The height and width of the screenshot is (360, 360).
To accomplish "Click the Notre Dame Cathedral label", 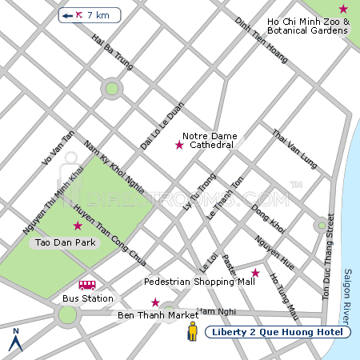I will click(208, 141).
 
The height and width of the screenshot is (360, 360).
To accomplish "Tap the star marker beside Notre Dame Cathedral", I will click(179, 145).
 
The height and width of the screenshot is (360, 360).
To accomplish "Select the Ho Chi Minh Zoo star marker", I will click(343, 9).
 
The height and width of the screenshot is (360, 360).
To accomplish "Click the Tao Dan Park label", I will click(62, 242).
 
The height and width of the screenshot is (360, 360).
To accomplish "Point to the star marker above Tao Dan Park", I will click(78, 226).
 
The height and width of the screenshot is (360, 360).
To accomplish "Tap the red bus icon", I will click(87, 285).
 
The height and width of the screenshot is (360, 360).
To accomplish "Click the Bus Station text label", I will click(88, 298).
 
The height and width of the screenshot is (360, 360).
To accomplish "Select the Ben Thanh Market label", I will click(158, 315).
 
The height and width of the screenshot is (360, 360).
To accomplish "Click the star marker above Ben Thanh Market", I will click(155, 302).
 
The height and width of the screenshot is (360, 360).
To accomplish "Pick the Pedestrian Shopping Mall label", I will click(199, 282).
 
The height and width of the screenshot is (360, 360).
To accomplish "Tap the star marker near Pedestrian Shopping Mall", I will click(255, 273).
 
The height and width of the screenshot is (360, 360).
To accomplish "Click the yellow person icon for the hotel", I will click(192, 332).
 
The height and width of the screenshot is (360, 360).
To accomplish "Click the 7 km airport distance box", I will click(90, 15).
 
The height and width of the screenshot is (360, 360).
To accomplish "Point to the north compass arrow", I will click(14, 340).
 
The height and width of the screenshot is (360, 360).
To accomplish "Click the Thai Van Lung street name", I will click(295, 149).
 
